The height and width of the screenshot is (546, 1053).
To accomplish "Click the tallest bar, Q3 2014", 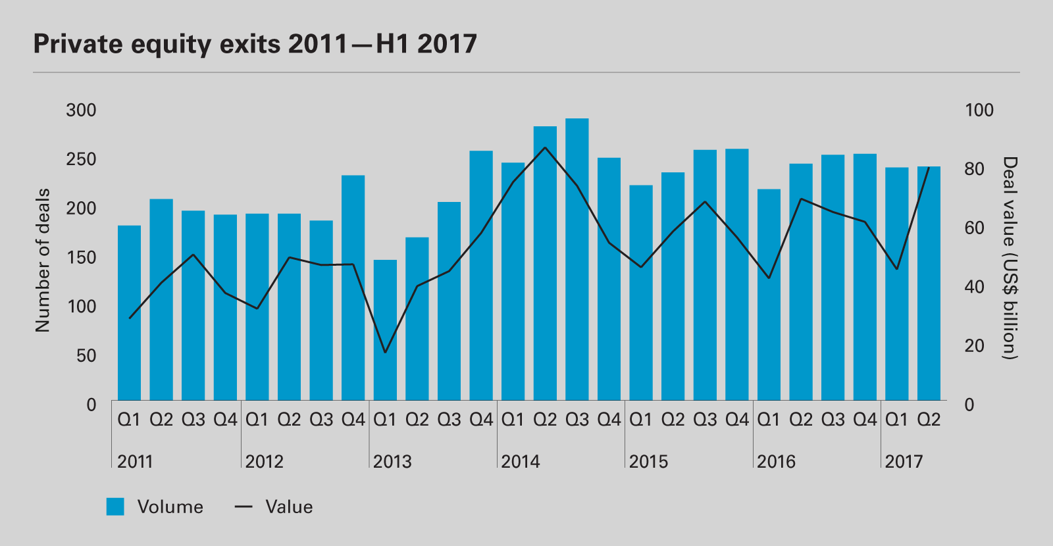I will (x=577, y=259).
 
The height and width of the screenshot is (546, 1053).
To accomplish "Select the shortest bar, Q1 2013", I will (x=385, y=330).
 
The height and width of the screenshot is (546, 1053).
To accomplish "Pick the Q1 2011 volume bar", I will (x=129, y=312).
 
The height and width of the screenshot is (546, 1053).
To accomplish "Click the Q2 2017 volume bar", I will (x=929, y=283).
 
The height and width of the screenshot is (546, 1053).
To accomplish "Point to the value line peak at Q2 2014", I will (x=545, y=147).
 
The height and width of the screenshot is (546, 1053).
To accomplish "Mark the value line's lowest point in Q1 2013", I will (x=385, y=353).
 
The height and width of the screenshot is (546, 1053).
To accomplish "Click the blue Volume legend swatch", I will (x=115, y=507).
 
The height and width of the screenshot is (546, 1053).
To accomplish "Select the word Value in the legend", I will (x=289, y=507).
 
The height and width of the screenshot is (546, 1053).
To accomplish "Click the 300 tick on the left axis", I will (x=81, y=110).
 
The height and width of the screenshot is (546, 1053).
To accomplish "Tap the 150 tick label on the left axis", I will (x=81, y=257).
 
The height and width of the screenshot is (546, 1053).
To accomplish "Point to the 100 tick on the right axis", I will (x=979, y=110).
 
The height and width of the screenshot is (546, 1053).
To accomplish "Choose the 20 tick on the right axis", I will (x=974, y=345).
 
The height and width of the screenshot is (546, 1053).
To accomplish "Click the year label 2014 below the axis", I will (x=521, y=462).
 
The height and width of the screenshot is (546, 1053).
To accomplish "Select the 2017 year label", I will (x=904, y=462).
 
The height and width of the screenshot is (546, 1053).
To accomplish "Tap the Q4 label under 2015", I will (x=737, y=420).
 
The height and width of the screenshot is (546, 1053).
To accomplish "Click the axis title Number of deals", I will (x=43, y=260).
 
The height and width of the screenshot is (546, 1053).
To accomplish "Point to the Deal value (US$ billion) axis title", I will (x=1010, y=258).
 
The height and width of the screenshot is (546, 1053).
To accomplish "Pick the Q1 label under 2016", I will (x=769, y=420).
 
